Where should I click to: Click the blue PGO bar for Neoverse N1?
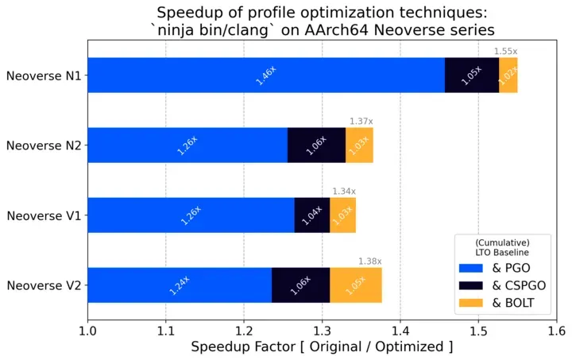[266, 75]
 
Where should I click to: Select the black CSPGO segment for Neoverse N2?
[317, 145]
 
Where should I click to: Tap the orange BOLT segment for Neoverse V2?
[356, 285]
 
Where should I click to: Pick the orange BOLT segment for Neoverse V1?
[343, 215]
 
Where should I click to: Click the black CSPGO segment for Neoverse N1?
[472, 75]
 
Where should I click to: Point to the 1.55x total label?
[505, 52]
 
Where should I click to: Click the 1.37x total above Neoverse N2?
[361, 122]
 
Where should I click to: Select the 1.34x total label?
[344, 192]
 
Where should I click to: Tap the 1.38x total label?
[370, 261]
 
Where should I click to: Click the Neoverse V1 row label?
[44, 215]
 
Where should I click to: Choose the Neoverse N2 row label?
[44, 145]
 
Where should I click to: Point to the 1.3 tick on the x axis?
[322, 331]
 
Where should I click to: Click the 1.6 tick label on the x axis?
[557, 331]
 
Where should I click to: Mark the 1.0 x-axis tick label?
[87, 331]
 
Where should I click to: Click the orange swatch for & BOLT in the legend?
[470, 303]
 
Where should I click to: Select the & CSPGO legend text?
[519, 285]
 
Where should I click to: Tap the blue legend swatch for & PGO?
[470, 268]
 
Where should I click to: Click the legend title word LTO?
[483, 253]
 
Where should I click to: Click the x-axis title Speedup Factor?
[243, 346]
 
